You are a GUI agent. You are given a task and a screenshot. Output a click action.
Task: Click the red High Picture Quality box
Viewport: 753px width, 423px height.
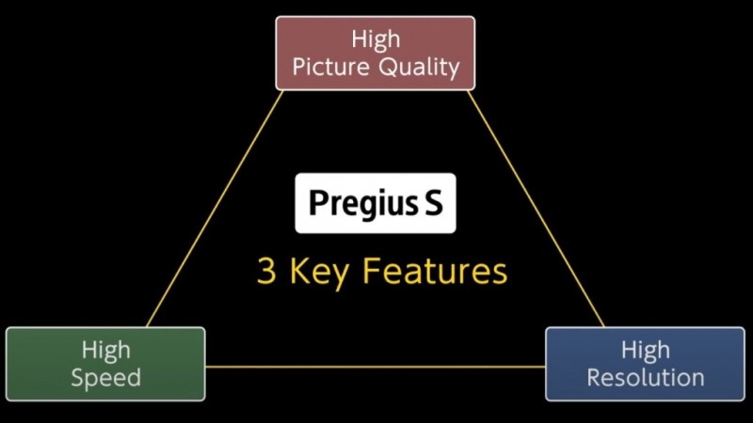point(375,54)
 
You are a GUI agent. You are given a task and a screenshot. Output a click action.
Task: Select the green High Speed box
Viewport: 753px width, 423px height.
point(105,364)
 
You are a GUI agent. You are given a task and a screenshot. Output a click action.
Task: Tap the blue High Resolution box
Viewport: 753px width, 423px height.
point(645,364)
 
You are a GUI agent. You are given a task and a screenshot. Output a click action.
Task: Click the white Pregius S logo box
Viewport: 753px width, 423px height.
point(375,203)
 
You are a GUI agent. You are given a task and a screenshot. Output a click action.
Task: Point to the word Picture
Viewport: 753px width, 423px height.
point(330,66)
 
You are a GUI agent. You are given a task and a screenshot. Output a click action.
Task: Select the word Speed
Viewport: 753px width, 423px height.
point(105,378)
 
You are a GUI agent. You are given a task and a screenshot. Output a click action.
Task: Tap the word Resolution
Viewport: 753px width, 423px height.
point(646,378)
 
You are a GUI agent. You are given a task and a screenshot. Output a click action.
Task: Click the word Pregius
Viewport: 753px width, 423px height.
point(363,203)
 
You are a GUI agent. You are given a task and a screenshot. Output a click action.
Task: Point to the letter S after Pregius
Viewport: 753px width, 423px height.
point(433,202)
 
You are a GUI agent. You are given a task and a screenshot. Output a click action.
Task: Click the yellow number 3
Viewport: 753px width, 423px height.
point(266,271)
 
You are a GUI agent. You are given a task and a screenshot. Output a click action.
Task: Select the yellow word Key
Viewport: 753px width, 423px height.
point(319,273)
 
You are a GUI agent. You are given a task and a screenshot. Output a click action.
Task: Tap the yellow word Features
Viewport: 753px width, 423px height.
point(435,271)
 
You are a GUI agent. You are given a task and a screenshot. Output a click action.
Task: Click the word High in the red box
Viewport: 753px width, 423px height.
point(376,39)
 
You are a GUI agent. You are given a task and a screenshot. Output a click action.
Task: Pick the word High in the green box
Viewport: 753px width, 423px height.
point(105,350)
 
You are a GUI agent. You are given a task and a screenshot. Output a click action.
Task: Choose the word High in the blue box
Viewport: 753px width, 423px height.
point(646,350)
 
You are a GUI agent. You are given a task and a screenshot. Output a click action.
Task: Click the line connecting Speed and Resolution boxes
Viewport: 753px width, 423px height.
point(376,368)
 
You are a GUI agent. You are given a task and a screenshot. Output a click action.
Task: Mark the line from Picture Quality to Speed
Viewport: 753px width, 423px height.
point(215,209)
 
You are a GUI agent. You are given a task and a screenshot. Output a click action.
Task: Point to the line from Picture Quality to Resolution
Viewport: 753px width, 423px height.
point(536,209)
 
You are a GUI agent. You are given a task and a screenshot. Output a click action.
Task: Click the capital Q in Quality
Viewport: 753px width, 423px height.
point(387,67)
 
